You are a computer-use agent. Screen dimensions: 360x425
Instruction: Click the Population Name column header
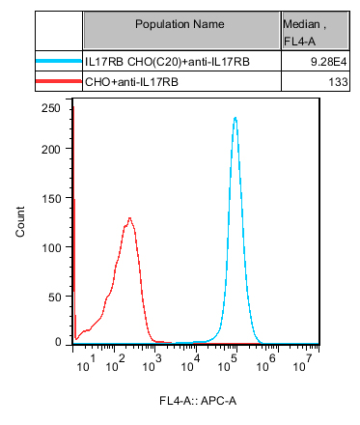[x=180, y=24]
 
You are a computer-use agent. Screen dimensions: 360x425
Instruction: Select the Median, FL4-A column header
[x=304, y=32]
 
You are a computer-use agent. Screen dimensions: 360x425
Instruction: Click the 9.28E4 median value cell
[x=329, y=62]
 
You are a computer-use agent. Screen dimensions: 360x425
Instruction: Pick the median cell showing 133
[x=338, y=82]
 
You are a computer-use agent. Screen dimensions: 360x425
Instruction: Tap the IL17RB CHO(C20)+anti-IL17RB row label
[x=167, y=62]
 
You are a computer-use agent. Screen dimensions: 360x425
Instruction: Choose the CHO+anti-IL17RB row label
[x=131, y=82]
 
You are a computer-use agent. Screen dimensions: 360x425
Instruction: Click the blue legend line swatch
[x=59, y=61]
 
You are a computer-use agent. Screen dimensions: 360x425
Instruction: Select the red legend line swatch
[x=59, y=81]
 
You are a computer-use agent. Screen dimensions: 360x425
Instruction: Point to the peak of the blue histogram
[x=235, y=118]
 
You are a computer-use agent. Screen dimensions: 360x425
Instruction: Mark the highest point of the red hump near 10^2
[x=129, y=218]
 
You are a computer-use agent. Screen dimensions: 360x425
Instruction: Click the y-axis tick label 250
[x=51, y=108]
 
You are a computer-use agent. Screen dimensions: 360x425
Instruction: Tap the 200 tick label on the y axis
[x=51, y=150]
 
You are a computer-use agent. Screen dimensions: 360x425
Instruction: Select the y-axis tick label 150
[x=51, y=199]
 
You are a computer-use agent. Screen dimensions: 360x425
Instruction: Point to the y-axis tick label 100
[x=51, y=248]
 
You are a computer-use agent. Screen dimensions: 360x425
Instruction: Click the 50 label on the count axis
[x=54, y=297]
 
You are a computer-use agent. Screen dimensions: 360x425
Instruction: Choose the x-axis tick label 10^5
[x=228, y=363]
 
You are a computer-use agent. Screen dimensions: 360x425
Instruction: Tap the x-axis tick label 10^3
[x=152, y=363]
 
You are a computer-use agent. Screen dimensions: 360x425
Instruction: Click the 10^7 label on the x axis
[x=303, y=363]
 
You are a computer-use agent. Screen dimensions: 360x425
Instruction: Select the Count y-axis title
[x=20, y=222]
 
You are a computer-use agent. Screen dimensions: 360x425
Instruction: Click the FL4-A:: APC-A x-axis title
[x=198, y=401]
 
